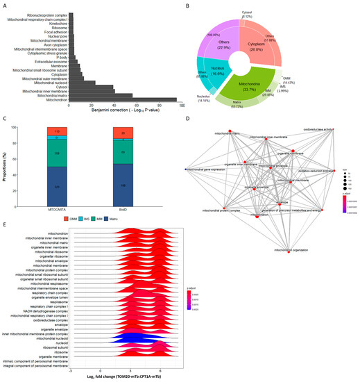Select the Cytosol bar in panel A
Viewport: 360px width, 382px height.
(x=77, y=86)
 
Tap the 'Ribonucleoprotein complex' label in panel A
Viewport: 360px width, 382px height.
(x=38, y=14)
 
